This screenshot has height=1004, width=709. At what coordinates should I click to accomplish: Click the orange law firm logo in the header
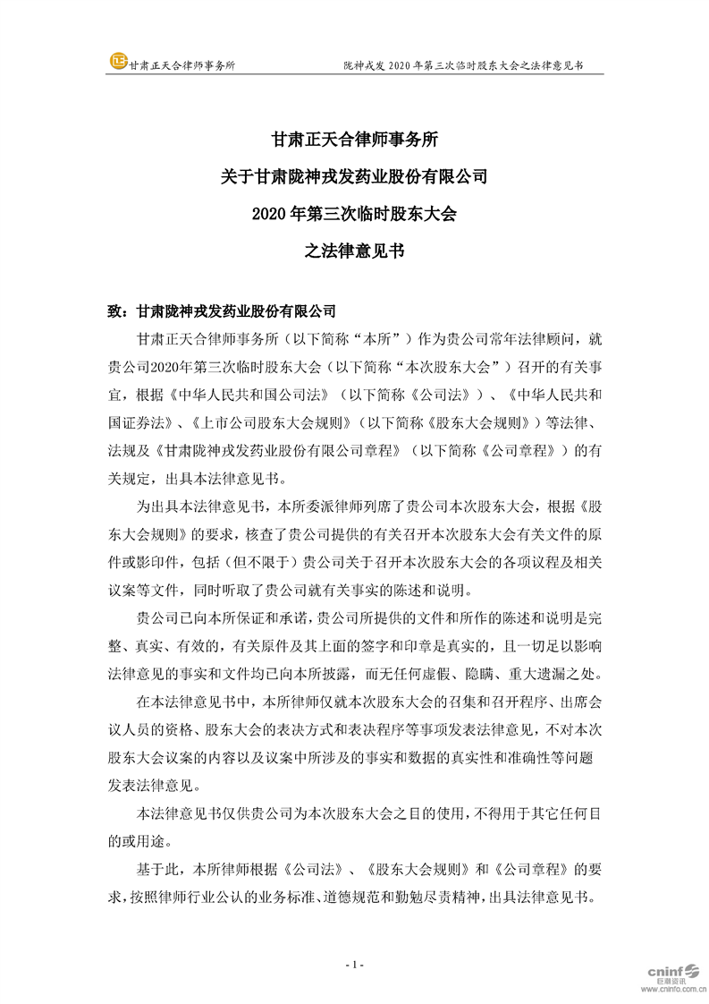point(118,62)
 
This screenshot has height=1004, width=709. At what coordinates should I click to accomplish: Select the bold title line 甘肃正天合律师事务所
point(354,140)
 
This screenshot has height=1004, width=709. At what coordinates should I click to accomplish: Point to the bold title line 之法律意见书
point(354,251)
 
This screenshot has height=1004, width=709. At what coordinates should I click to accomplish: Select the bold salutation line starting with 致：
point(222,311)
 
